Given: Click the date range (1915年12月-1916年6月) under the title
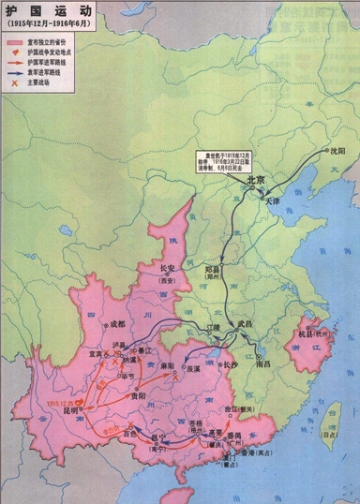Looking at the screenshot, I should click(48, 23).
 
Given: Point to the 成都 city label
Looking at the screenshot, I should click(116, 324).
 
